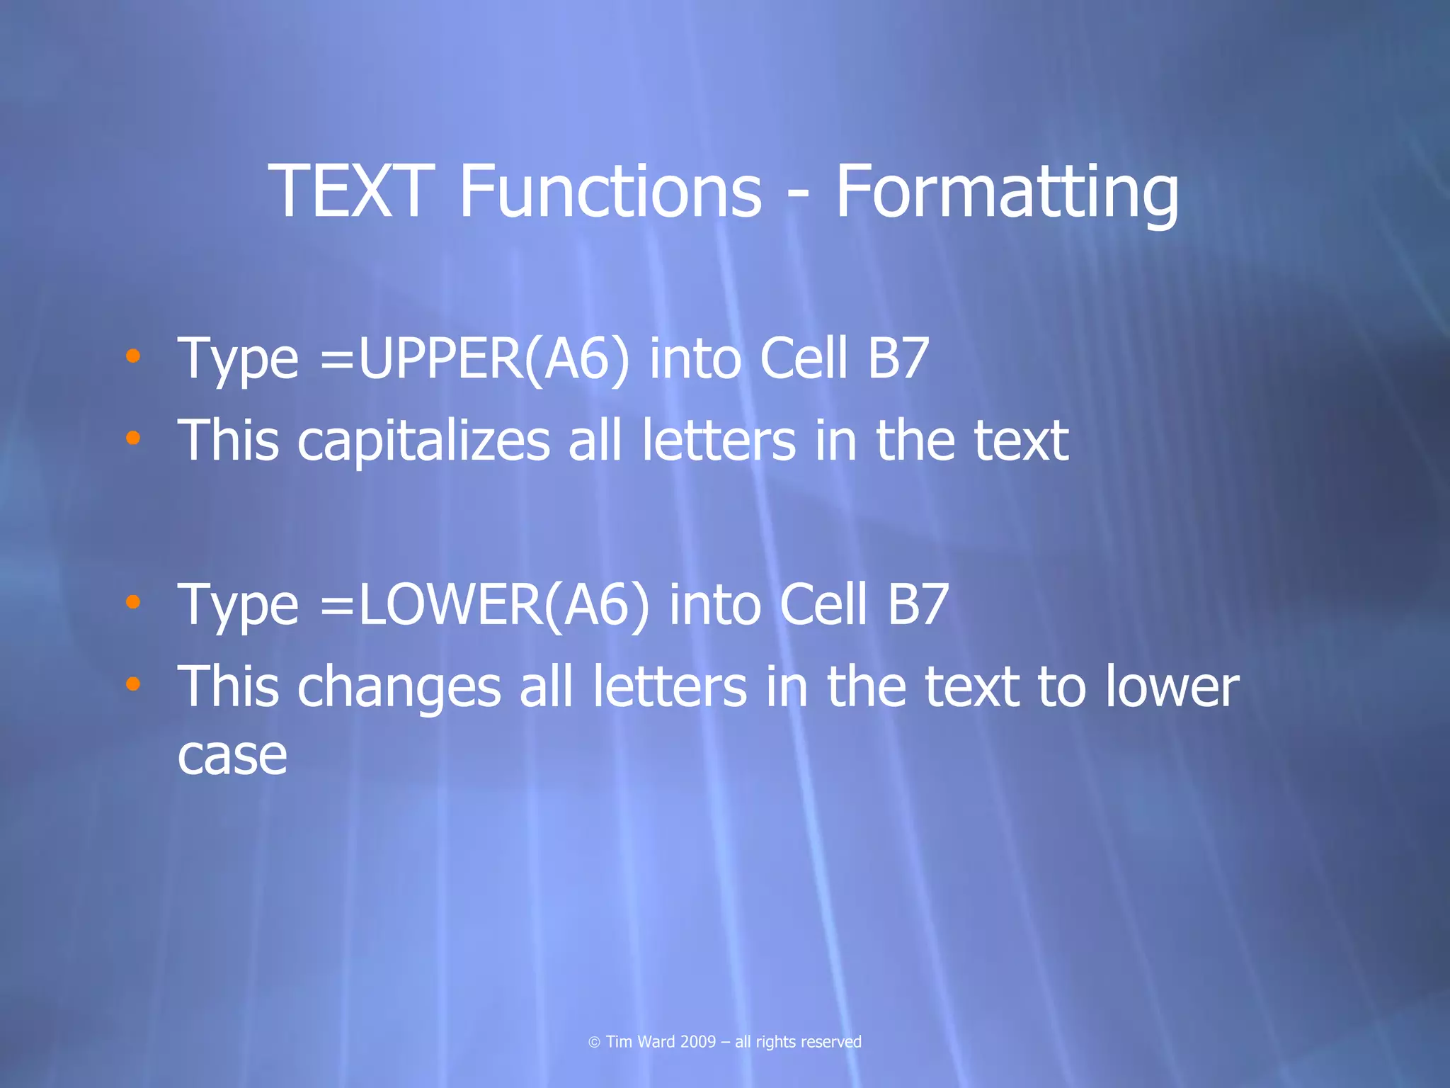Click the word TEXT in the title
350,191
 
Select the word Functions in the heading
610,191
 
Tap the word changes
399,688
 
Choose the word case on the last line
232,756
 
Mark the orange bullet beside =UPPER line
132,356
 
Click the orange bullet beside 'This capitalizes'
132,438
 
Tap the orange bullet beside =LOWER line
132,602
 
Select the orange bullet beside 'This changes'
132,684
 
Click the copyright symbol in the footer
594,1042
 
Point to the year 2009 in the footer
697,1042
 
